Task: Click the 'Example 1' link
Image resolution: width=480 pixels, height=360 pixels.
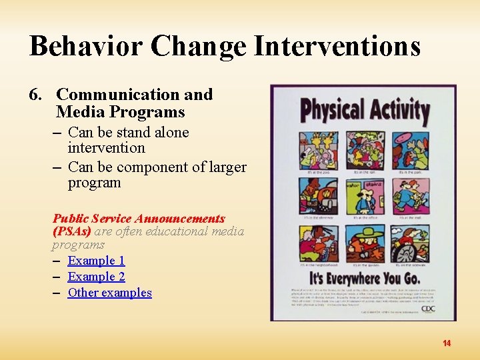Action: point(96,261)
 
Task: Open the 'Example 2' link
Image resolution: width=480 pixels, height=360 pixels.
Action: point(96,277)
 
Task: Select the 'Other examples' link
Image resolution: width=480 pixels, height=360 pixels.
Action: point(109,293)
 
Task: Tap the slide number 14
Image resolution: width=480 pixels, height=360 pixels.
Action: point(447,343)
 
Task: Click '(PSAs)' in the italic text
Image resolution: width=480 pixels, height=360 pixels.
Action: point(72,231)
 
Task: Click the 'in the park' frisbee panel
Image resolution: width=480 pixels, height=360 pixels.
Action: point(410,150)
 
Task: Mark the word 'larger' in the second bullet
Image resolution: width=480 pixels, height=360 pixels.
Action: point(227,167)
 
